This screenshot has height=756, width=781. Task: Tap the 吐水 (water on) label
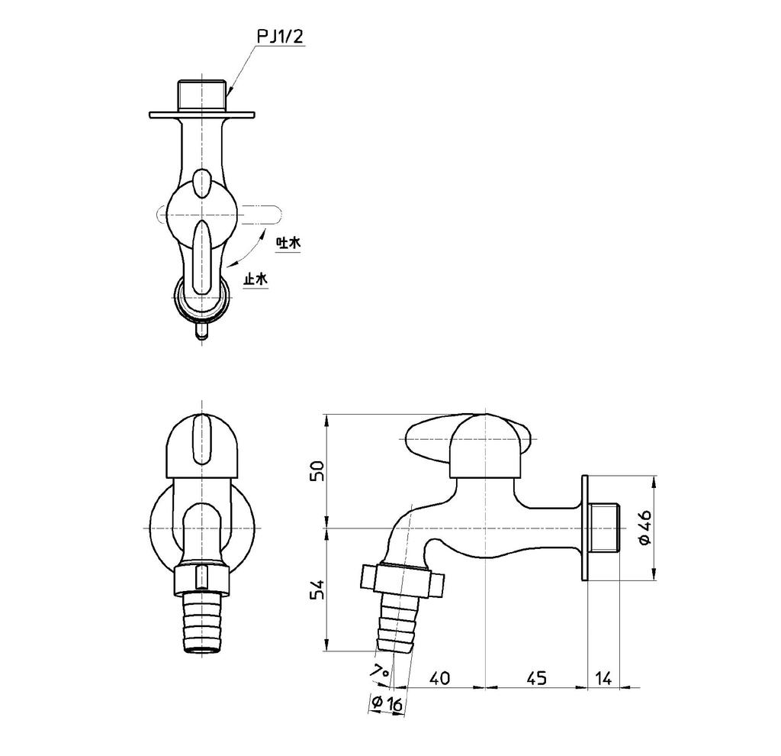pyautogui.click(x=288, y=243)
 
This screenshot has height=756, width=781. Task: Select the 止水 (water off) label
pyautogui.click(x=256, y=279)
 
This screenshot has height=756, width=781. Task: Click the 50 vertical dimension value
pyautogui.click(x=319, y=470)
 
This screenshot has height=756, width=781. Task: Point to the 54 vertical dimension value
pyautogui.click(x=319, y=590)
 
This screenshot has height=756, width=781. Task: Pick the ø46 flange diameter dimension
pyautogui.click(x=644, y=528)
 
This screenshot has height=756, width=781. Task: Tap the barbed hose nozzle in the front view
pyautogui.click(x=202, y=622)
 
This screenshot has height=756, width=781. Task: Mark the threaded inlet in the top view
pyautogui.click(x=202, y=95)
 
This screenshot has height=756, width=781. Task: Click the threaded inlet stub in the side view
pyautogui.click(x=606, y=528)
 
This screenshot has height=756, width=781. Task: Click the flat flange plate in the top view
pyautogui.click(x=202, y=115)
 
